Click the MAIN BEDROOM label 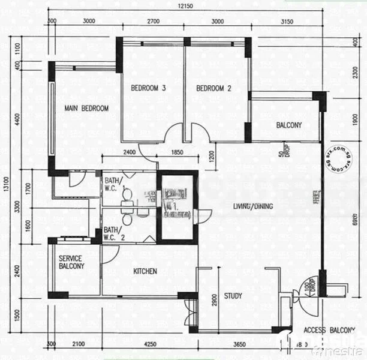[x=86, y=109]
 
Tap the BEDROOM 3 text [x=148, y=88]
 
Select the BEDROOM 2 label [x=214, y=88]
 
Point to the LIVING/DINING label [x=253, y=206]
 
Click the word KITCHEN [x=145, y=271]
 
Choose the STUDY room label [x=233, y=296]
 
